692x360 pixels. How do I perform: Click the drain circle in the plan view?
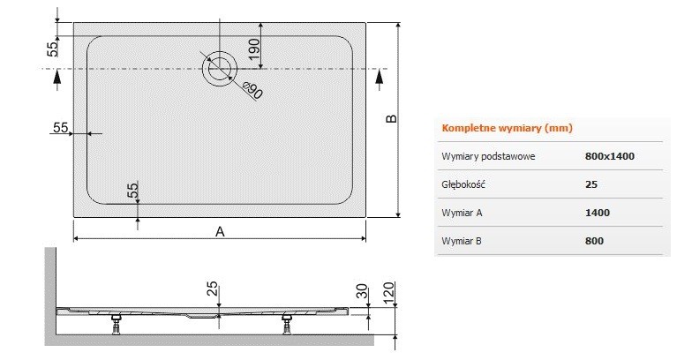(x=219, y=68)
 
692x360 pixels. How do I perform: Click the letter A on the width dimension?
(x=220, y=231)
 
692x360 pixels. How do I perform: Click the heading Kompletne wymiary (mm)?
(x=507, y=128)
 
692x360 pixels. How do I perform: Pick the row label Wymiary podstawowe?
(x=488, y=156)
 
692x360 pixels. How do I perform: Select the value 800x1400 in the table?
(x=610, y=156)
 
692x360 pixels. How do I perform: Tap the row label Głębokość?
(x=464, y=184)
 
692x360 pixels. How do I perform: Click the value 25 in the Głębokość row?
(x=591, y=184)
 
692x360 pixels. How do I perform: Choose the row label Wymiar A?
(x=463, y=213)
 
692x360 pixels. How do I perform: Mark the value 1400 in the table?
(x=598, y=213)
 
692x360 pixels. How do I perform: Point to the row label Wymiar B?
(x=463, y=240)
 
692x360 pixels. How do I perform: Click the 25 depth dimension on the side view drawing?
(x=212, y=289)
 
